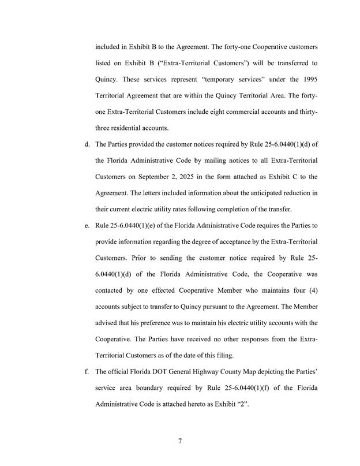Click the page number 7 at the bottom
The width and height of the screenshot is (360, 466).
tap(180, 441)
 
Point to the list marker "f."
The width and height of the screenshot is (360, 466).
tap(86, 370)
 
